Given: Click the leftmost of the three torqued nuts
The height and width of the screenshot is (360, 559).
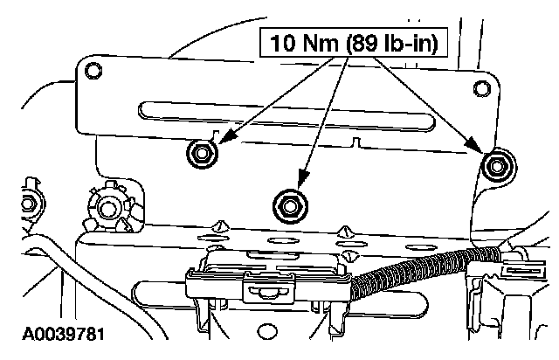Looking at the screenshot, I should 200,155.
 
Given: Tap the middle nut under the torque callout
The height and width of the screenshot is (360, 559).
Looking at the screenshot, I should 287,204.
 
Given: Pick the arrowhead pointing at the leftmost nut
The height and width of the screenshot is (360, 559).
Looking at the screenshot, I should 221,137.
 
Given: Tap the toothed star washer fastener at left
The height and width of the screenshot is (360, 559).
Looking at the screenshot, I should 110,207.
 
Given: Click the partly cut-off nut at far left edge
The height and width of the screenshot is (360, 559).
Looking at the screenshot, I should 27,204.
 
